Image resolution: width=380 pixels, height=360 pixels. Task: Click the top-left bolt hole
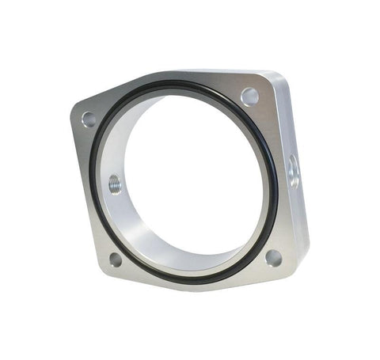click(89, 119)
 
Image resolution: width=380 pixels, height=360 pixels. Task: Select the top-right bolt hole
click(250, 97)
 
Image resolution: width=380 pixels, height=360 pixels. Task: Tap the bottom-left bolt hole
click(116, 259)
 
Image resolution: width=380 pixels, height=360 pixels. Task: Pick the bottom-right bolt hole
click(273, 258)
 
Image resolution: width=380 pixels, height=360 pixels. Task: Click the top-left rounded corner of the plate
click(76, 111)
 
